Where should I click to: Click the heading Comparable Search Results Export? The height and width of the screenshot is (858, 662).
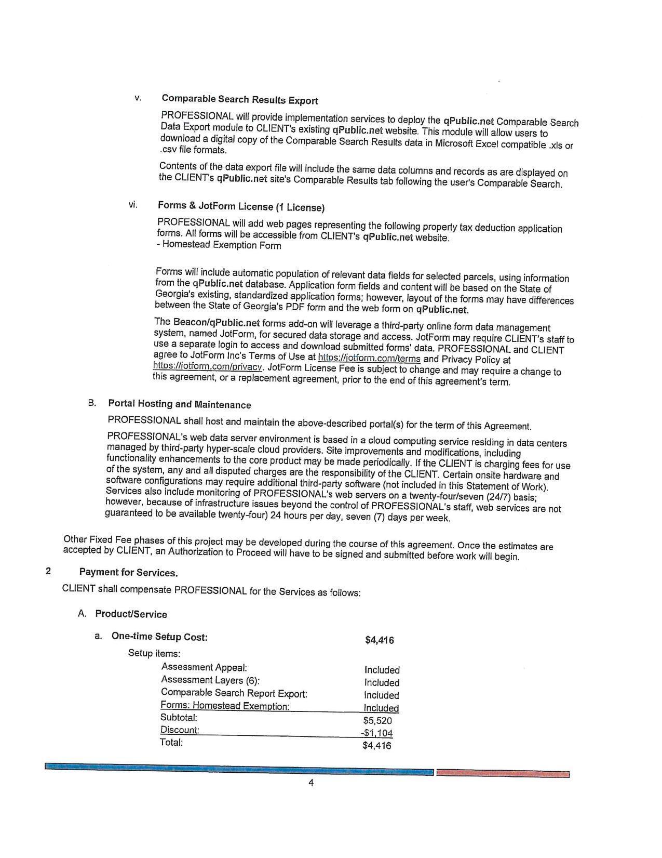point(240,99)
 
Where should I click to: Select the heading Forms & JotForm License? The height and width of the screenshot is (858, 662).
point(241,207)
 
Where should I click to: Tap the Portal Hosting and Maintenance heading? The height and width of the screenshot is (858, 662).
point(179,404)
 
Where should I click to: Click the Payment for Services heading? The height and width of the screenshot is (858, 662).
point(128,572)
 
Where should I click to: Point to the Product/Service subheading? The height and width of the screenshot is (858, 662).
point(131,614)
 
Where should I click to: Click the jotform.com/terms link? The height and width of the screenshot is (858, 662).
point(369,358)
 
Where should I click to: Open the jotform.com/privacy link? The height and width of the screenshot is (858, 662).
point(208,366)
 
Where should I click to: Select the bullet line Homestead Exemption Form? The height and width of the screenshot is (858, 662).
point(219,245)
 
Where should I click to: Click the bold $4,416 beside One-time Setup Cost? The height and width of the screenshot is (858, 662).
point(379,640)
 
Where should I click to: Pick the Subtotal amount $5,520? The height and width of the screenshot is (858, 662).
point(377,721)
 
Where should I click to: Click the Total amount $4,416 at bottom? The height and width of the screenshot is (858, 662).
point(377,746)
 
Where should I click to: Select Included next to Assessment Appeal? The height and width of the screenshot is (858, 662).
point(382,670)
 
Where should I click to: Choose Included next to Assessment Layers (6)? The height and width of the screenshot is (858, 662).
point(382,682)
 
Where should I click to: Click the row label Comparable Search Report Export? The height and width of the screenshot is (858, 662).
point(234,693)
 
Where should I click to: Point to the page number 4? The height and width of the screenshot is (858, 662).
point(311,783)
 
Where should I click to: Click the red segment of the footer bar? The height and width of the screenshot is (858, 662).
point(502,773)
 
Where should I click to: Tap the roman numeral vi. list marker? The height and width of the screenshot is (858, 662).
point(133,205)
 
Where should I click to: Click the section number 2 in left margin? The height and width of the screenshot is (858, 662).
point(48,571)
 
